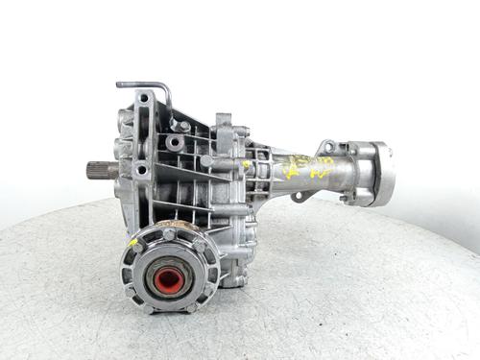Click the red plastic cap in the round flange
coord(169,280)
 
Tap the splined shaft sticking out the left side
coord(100,170)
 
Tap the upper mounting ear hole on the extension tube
coord(327,147)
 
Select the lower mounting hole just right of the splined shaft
coord(141,171)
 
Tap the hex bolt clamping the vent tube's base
coord(183,125)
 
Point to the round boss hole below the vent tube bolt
coord(174,143)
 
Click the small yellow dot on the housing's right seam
coord(247,164)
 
